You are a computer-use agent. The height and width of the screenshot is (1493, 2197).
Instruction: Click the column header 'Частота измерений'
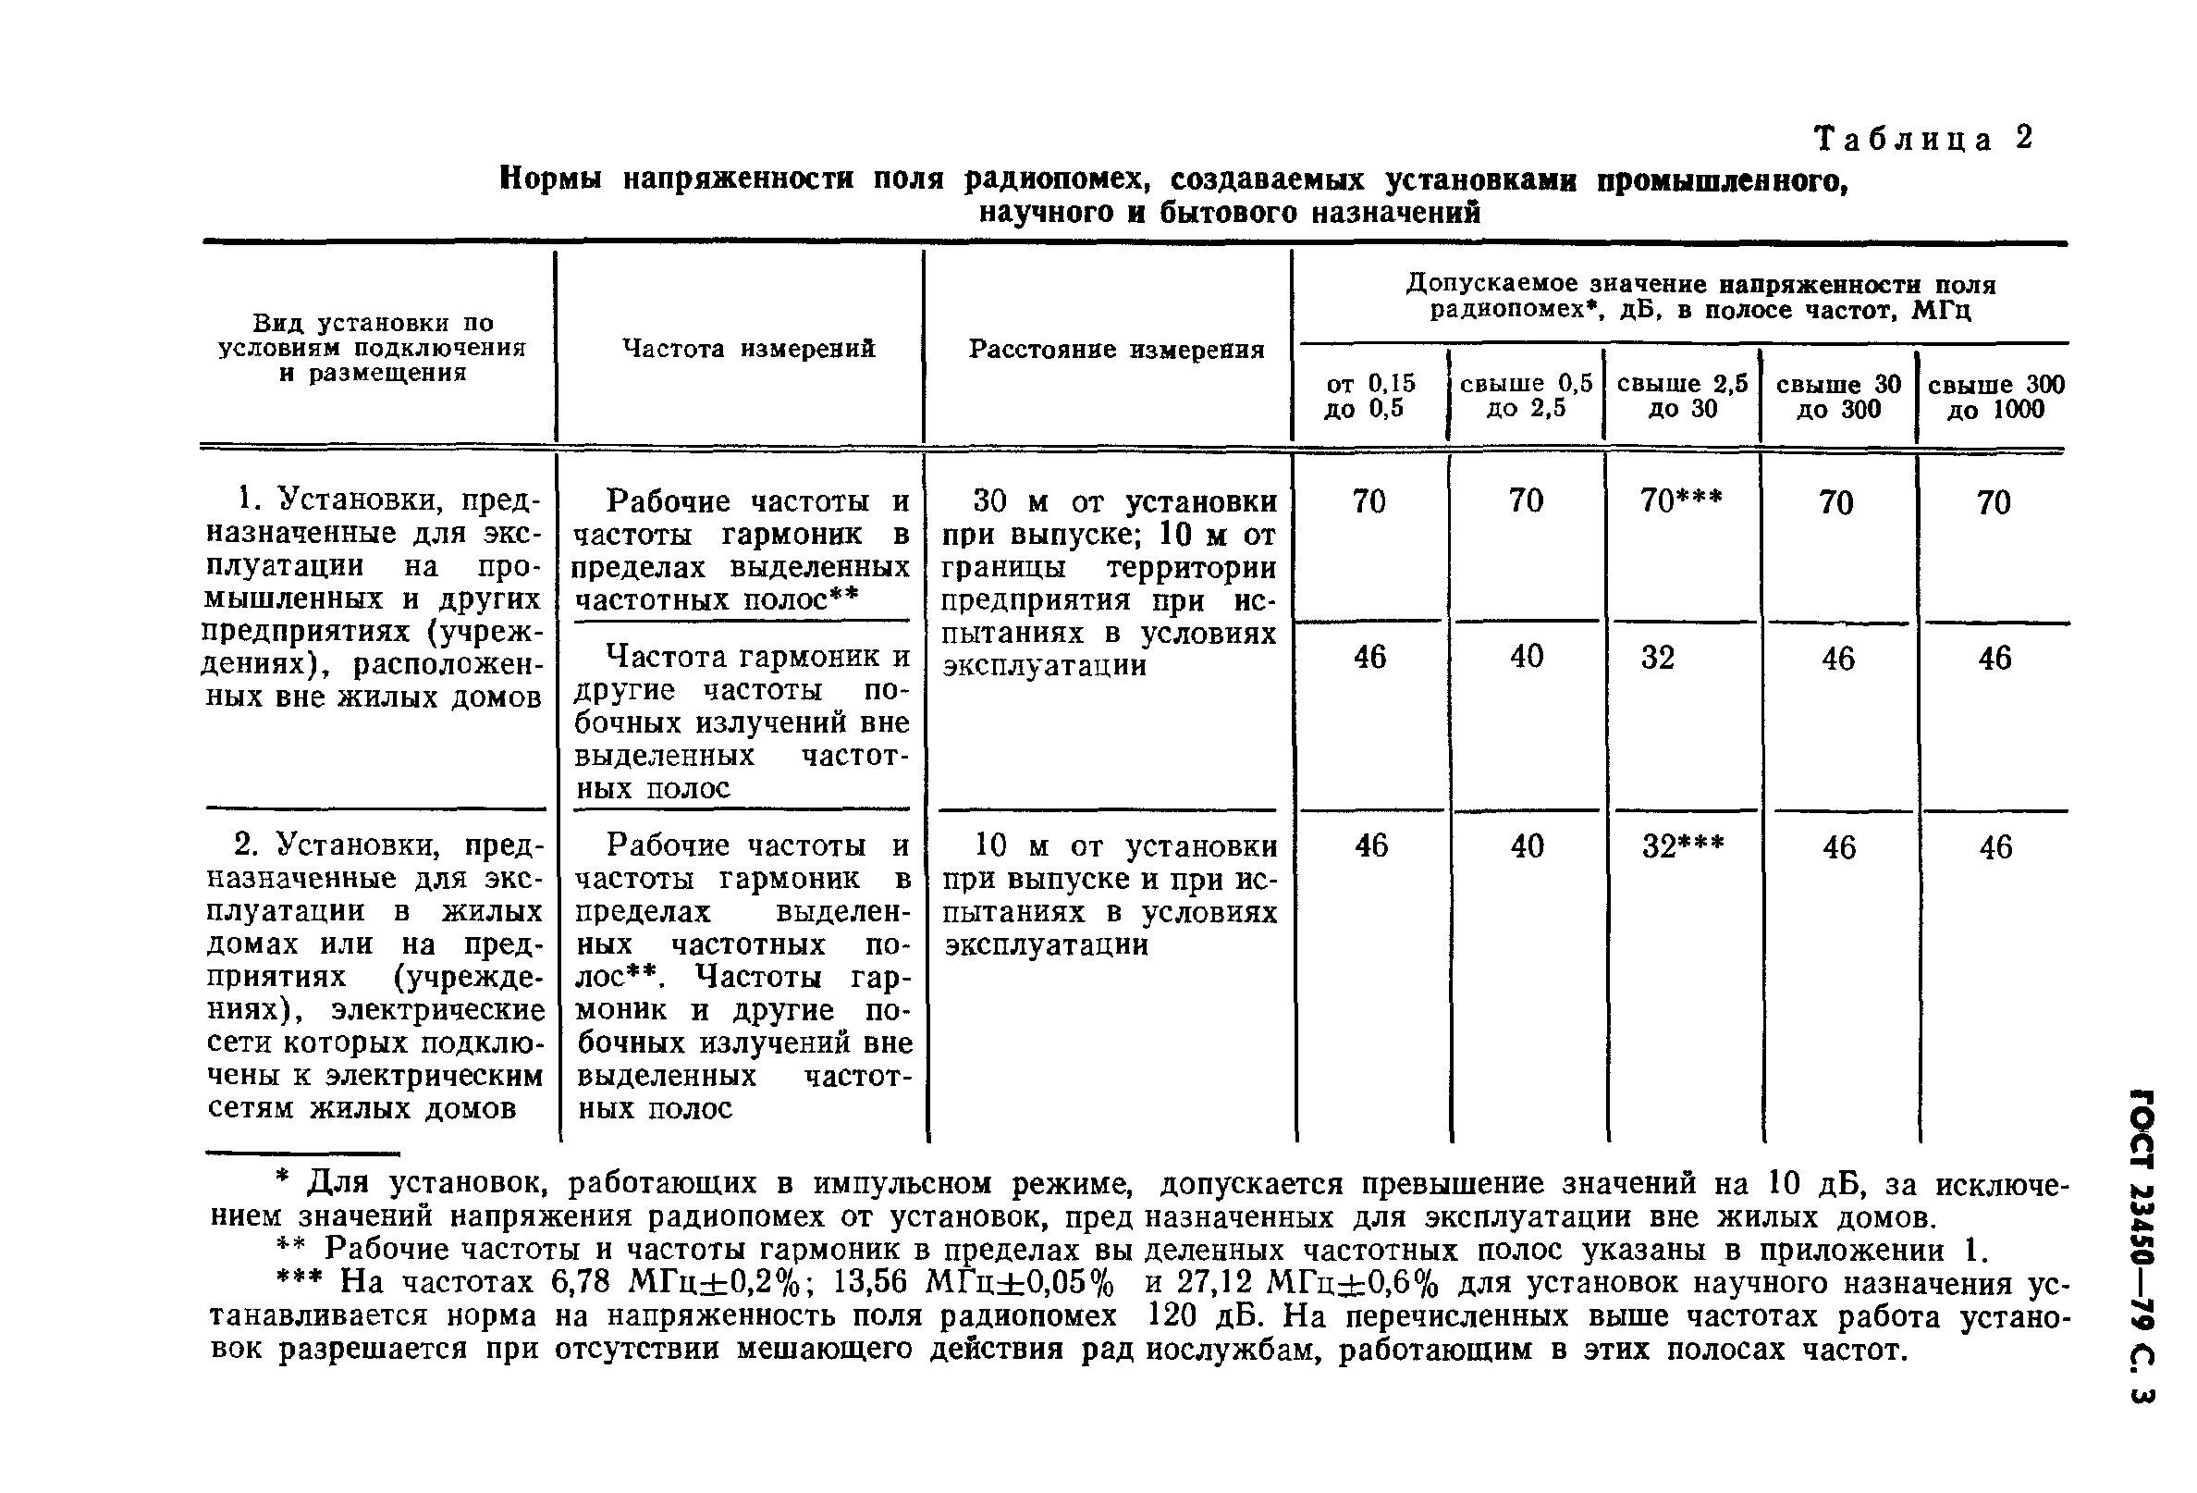coord(749,349)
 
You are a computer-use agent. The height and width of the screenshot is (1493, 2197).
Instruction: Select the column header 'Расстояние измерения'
coord(1116,350)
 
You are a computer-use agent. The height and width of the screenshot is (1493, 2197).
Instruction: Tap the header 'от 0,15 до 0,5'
coord(1369,396)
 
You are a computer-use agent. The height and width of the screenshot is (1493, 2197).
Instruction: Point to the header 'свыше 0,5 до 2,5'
coord(1526,395)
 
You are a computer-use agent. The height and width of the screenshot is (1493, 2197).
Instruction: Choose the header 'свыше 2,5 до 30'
coord(1682,395)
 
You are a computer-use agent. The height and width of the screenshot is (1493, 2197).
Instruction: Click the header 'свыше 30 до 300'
coord(1837,396)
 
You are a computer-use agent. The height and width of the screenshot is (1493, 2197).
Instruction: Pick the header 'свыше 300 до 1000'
coord(1995,396)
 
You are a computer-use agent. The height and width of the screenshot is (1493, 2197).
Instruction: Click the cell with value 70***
coord(1681,500)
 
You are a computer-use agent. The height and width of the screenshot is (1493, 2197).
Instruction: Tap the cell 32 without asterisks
coord(1658,657)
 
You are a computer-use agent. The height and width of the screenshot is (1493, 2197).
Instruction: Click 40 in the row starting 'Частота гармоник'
coord(1526,656)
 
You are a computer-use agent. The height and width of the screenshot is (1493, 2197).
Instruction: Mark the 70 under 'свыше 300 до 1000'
coord(1994,502)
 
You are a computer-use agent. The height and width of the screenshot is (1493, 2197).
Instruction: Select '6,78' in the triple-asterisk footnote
coord(583,1283)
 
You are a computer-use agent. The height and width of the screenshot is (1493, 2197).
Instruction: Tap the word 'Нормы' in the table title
coord(551,178)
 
